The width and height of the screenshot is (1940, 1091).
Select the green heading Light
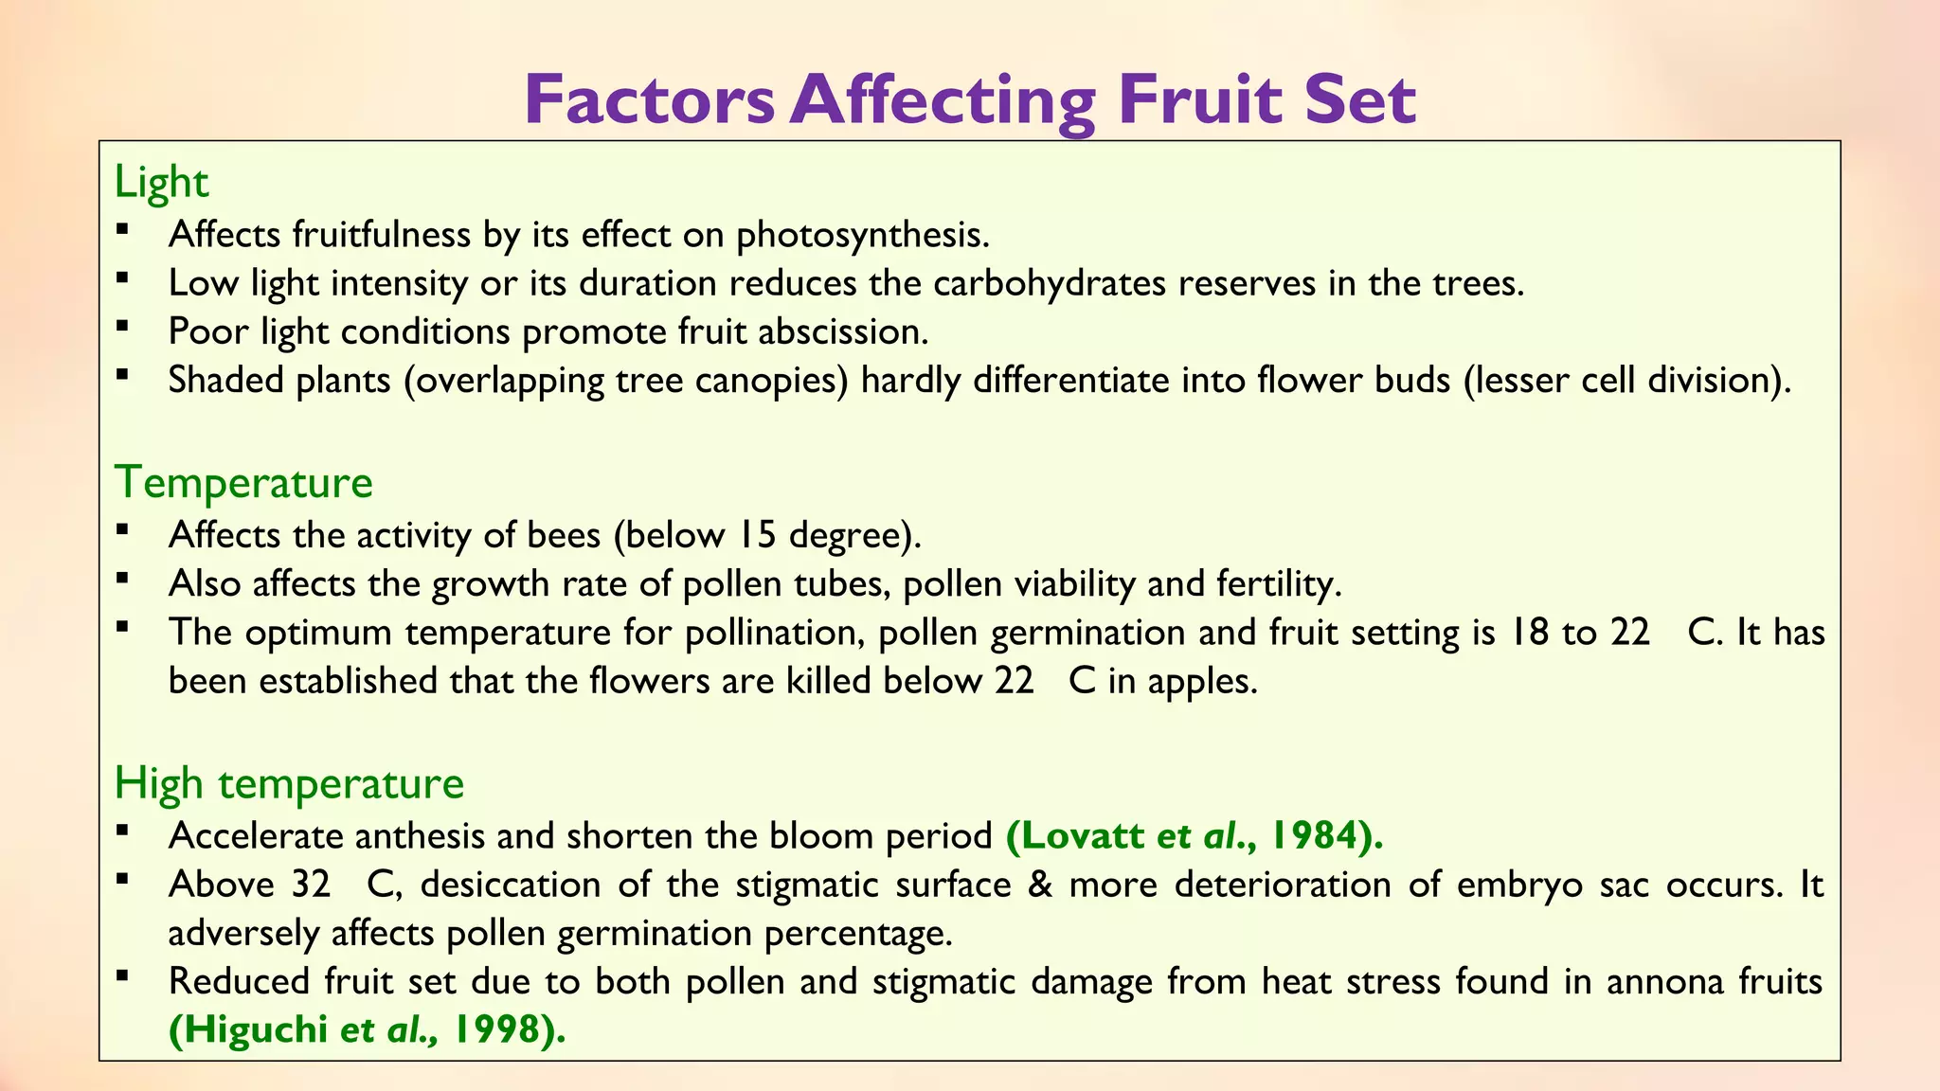161,182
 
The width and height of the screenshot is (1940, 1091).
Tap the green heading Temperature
243,482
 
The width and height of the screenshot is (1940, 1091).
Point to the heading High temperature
289,783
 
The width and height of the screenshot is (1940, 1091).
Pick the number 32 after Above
311,885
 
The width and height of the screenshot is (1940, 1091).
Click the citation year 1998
496,1029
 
